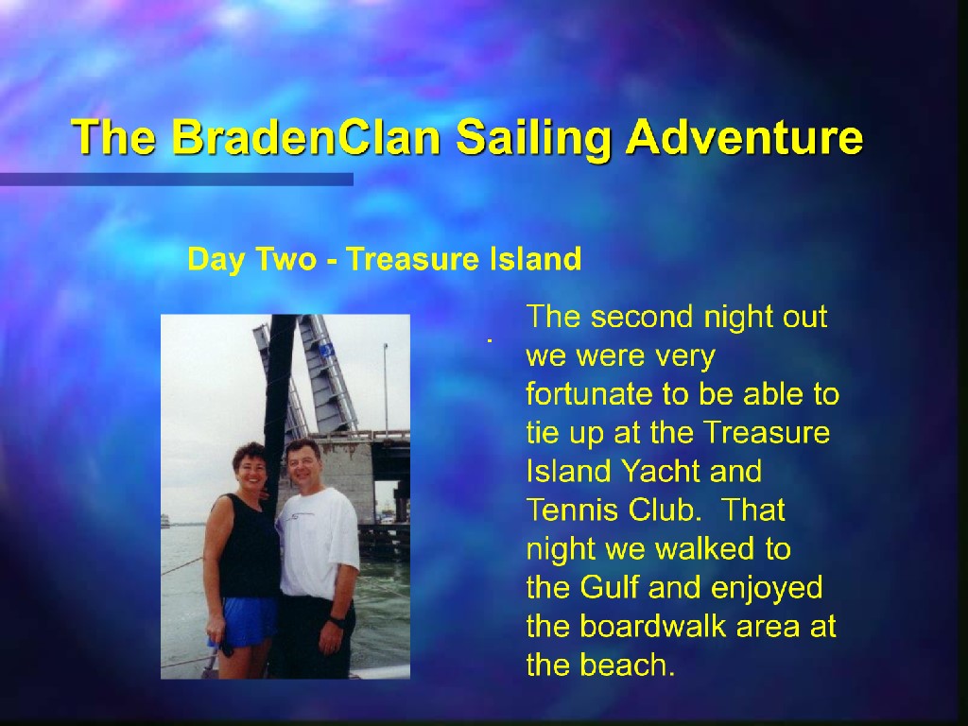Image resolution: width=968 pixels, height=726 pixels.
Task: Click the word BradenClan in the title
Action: point(305,136)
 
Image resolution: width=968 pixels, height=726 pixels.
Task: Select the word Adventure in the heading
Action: point(744,136)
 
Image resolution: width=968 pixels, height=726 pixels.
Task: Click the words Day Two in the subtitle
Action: point(251,259)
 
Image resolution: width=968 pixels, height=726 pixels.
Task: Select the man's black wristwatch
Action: point(336,621)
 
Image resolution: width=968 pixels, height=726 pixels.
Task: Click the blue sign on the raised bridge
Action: point(326,351)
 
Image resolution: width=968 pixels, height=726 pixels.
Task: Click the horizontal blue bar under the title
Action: point(177,180)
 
